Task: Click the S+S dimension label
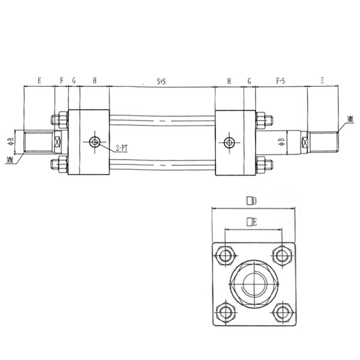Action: [161, 80]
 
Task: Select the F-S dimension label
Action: [280, 80]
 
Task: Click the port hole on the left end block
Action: [94, 142]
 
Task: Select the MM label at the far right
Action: [350, 120]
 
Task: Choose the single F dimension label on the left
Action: [61, 80]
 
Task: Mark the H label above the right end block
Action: [229, 80]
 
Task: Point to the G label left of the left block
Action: [74, 80]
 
